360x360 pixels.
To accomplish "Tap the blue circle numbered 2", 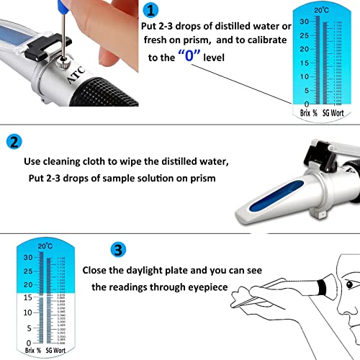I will [x=15, y=142].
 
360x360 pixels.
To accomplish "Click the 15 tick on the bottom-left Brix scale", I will [x=27, y=297].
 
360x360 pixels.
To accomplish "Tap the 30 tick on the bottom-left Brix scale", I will [x=27, y=257].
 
